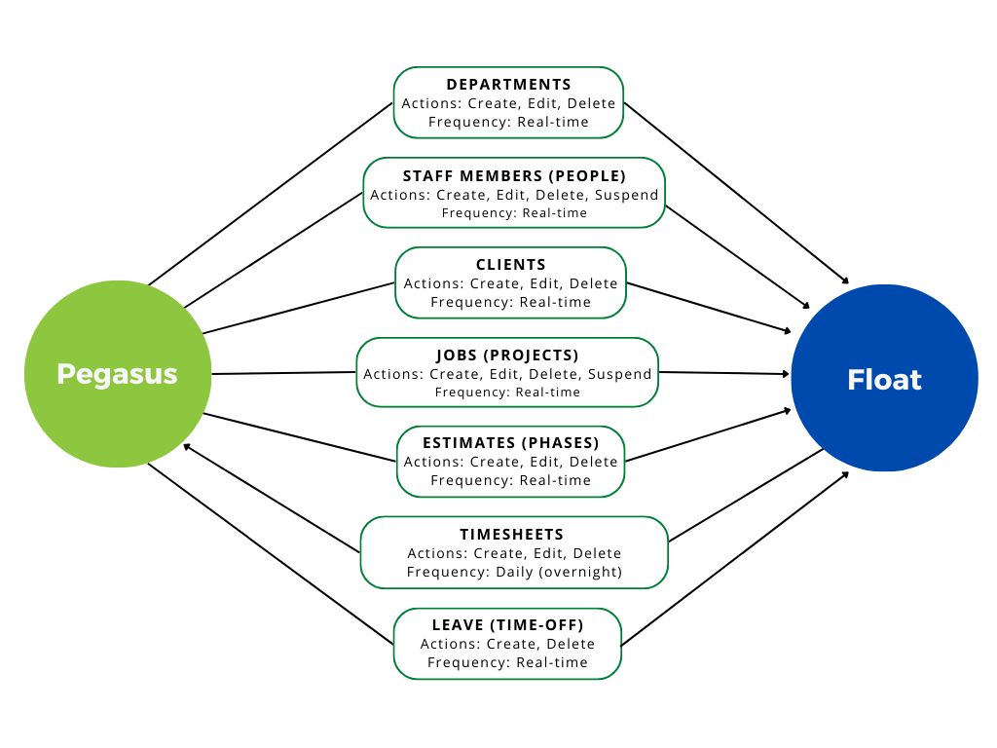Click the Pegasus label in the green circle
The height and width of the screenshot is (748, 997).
[x=117, y=374]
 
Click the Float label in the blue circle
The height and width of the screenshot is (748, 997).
[x=884, y=379]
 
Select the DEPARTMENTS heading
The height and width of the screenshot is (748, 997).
[x=508, y=85]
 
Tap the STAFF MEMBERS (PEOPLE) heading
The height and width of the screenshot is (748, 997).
[x=514, y=176]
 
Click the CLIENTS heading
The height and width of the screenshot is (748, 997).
[x=510, y=265]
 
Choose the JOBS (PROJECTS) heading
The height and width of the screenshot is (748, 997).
[x=507, y=355]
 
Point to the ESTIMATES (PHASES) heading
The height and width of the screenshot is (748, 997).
[x=510, y=443]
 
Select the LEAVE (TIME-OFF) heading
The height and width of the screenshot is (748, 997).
[x=507, y=625]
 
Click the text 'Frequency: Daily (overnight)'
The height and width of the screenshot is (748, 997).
[x=514, y=572]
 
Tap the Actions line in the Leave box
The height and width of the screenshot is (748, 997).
[x=507, y=644]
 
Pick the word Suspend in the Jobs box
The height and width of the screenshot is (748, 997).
[x=620, y=374]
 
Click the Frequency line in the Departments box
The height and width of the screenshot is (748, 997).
[x=508, y=122]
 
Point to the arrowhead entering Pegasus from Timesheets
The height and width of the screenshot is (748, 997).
[x=187, y=447]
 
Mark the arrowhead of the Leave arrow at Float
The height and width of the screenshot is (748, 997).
[x=845, y=474]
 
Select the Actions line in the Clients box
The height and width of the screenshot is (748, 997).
[x=510, y=283]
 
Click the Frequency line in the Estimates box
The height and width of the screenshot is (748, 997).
[x=510, y=480]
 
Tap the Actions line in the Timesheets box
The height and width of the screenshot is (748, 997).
[x=514, y=553]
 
